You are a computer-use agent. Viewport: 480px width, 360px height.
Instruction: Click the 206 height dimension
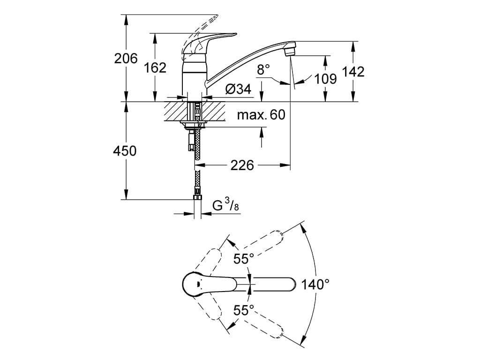tap(126, 58)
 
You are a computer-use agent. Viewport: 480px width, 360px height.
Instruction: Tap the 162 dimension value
tap(155, 67)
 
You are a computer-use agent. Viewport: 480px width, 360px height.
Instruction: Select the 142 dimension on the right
tap(353, 72)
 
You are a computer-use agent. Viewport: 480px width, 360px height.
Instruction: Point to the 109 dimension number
tap(326, 79)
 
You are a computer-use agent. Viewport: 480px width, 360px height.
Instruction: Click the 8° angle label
tap(263, 69)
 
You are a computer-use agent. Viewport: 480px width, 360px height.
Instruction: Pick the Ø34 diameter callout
tap(238, 89)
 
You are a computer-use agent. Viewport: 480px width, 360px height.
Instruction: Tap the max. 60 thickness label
tap(261, 115)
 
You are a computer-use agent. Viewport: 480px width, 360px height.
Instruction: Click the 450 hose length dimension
tap(125, 151)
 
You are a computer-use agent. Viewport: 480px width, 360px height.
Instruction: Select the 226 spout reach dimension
tap(242, 165)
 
